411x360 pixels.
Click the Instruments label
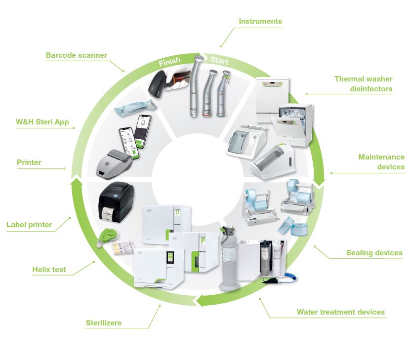click(260, 21)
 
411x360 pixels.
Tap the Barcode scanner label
click(76, 55)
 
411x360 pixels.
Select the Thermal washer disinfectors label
click(363, 84)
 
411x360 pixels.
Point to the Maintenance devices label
click(381, 162)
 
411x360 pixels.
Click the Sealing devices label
click(374, 253)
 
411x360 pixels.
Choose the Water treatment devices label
click(340, 312)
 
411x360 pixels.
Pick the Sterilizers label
click(103, 323)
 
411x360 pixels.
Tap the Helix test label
click(49, 270)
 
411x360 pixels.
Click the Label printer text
click(29, 225)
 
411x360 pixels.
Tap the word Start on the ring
click(219, 61)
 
